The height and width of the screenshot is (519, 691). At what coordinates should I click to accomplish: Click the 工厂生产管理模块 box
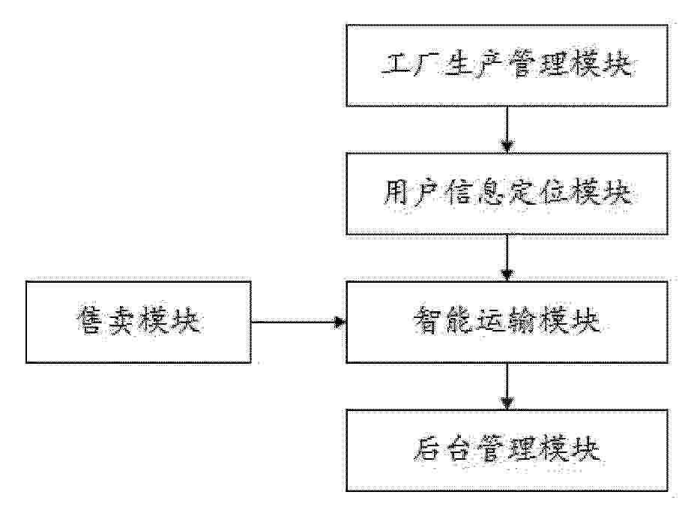(x=507, y=65)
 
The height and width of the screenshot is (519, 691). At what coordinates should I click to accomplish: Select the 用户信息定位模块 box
(x=507, y=193)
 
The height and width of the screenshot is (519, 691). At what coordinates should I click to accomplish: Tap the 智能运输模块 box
(x=507, y=322)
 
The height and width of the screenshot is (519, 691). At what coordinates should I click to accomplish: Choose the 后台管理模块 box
(x=507, y=450)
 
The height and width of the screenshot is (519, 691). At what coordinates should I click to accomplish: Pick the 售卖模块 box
(x=139, y=322)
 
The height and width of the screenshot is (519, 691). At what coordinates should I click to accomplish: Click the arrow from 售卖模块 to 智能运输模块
(x=298, y=322)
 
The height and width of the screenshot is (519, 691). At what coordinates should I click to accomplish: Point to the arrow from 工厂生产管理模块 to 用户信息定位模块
(x=507, y=130)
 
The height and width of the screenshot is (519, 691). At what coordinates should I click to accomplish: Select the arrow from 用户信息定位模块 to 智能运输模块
(x=507, y=258)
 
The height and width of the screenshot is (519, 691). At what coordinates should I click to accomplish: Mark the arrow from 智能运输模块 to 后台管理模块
(x=507, y=386)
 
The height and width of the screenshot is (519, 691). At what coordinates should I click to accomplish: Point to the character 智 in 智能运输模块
(x=427, y=321)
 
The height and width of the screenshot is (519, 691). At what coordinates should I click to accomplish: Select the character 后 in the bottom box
(x=427, y=450)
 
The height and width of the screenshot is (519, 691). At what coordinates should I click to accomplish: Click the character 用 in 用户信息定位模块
(x=395, y=193)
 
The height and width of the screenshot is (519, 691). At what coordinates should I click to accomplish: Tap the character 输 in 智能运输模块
(x=523, y=321)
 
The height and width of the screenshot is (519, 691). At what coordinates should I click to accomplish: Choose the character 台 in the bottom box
(x=459, y=450)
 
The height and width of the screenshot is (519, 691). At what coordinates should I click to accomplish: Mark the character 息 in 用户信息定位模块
(x=490, y=193)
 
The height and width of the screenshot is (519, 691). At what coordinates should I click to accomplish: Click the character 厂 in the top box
(x=426, y=66)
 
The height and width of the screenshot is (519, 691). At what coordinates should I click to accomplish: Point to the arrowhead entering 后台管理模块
(x=507, y=403)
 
